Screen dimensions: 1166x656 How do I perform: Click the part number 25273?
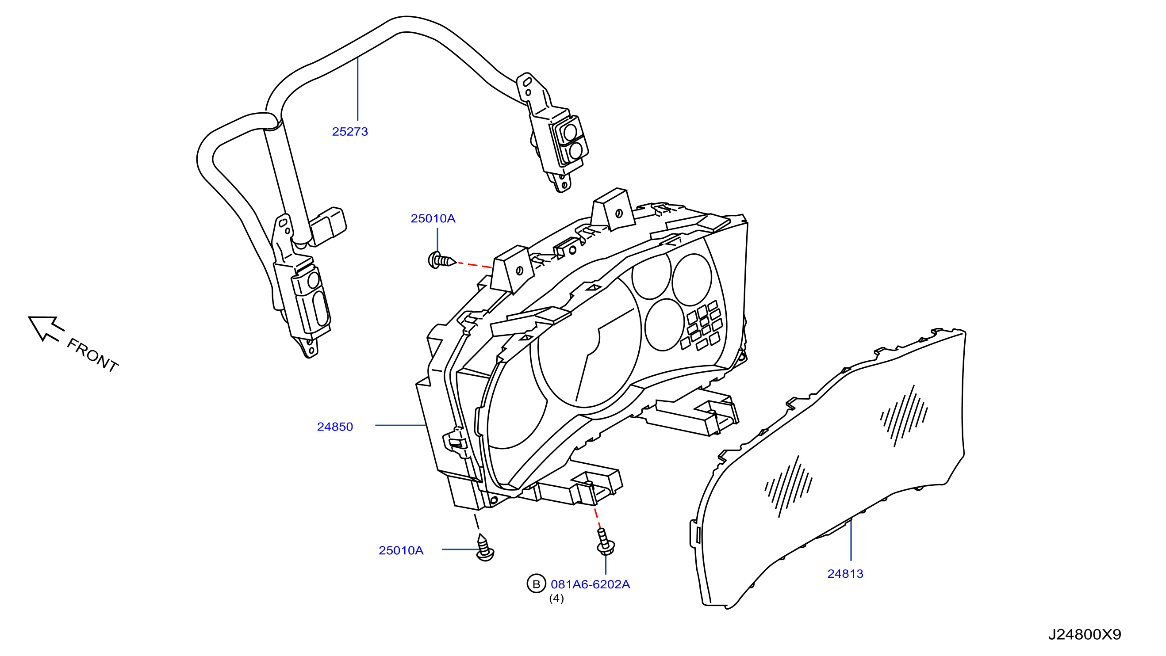click(350, 132)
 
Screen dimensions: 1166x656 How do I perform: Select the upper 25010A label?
click(433, 218)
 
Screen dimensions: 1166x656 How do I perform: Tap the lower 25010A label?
click(401, 551)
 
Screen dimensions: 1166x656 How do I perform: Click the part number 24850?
click(335, 427)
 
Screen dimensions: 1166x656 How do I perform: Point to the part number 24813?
click(845, 574)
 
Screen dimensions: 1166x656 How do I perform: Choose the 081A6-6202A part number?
click(590, 584)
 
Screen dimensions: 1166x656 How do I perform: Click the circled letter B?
click(537, 584)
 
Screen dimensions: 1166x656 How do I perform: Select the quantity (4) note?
click(556, 599)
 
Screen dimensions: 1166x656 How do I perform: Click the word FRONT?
click(93, 355)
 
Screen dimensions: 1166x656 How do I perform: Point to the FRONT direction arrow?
click(46, 328)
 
